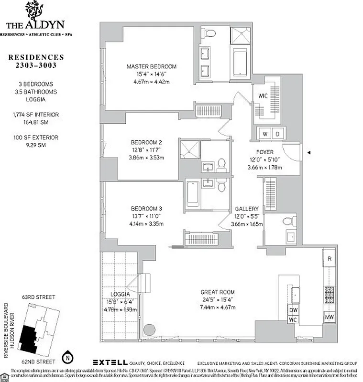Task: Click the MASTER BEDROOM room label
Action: coord(151,66)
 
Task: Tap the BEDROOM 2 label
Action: coord(146,142)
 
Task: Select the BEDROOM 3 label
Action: coord(146,208)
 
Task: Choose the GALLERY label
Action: coord(247,209)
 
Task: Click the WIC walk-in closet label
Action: coord(263,95)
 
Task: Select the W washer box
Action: coord(264,134)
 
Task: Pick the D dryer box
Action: coord(277,134)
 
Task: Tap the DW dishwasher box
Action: coord(294,310)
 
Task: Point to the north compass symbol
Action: coord(69,356)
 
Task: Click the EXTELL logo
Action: coord(110,362)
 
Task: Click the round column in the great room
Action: coord(149,330)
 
